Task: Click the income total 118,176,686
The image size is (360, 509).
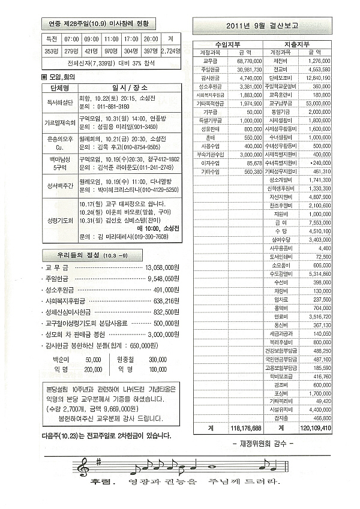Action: click(245, 428)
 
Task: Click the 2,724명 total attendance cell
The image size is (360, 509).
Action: click(171, 50)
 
